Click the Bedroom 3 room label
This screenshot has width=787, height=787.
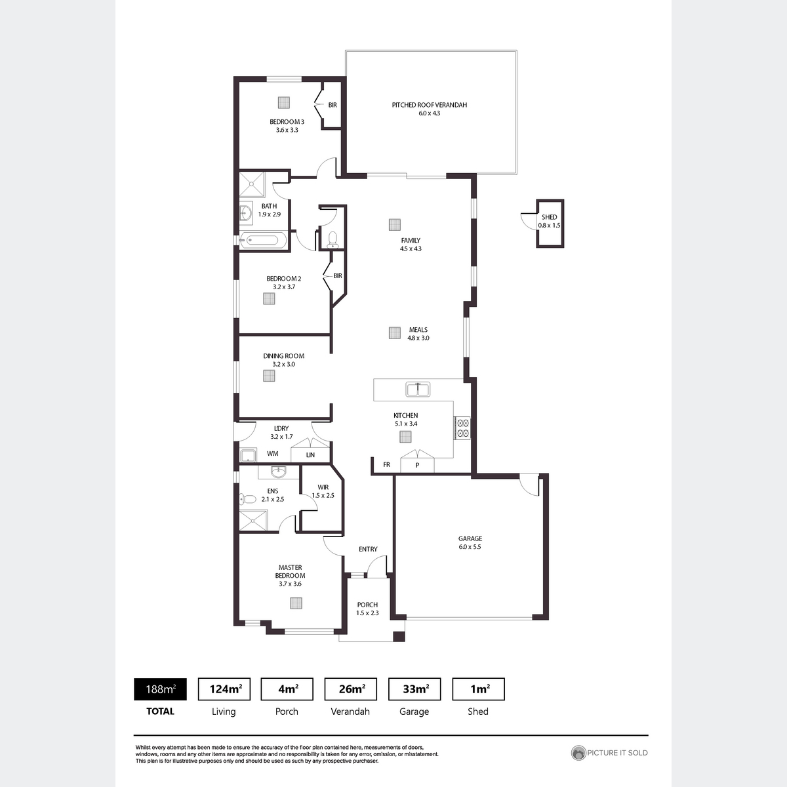(x=287, y=122)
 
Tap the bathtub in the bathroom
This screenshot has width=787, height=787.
(x=262, y=240)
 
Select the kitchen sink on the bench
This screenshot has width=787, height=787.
(x=417, y=389)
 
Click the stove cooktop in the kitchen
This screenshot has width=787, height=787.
(x=462, y=428)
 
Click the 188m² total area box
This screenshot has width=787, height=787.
(x=160, y=689)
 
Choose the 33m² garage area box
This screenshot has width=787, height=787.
(x=414, y=689)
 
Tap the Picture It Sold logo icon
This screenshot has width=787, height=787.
(x=578, y=753)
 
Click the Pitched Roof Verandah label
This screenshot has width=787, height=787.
(x=429, y=105)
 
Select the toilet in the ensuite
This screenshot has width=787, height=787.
(x=247, y=498)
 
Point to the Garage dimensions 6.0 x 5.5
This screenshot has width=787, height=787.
(x=470, y=547)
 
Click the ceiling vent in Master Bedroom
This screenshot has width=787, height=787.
(x=296, y=603)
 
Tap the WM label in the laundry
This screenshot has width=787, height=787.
(x=272, y=454)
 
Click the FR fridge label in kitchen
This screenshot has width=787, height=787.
(x=386, y=464)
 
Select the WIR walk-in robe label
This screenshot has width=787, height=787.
(x=323, y=487)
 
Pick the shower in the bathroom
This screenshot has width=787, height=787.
(x=252, y=184)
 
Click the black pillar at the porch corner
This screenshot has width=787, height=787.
(x=399, y=637)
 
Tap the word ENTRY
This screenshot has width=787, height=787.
(x=368, y=550)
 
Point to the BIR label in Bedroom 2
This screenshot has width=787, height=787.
(x=338, y=275)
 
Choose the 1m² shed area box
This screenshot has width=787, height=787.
(x=478, y=689)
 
